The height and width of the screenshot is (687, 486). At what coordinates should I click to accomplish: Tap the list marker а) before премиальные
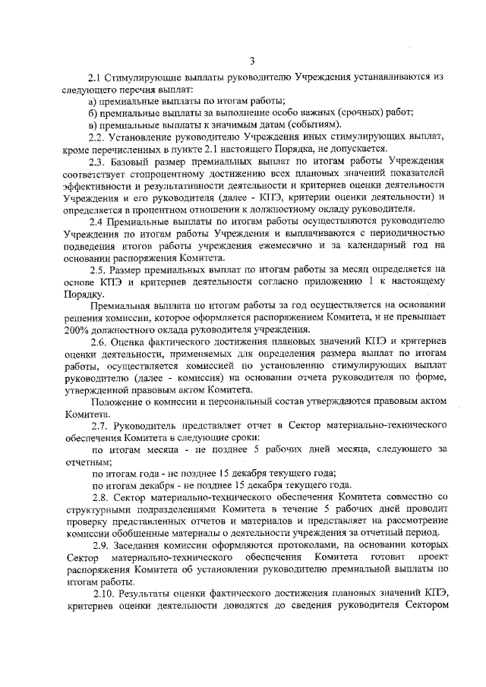pyautogui.click(x=93, y=102)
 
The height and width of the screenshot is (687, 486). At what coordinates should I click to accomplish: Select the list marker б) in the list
pyautogui.click(x=93, y=113)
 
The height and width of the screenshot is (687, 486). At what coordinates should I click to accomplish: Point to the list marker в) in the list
pyautogui.click(x=93, y=125)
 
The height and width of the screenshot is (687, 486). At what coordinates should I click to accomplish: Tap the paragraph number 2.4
pyautogui.click(x=96, y=221)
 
